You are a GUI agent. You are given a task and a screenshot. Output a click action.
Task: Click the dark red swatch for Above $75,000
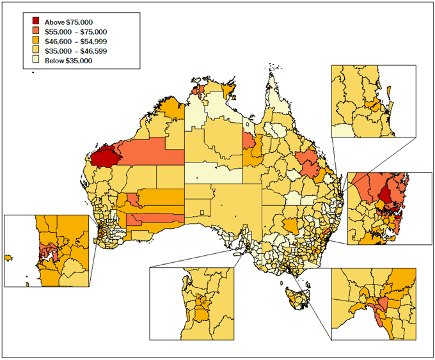click(x=28, y=22)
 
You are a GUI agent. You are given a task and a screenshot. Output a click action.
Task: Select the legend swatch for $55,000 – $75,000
click(x=28, y=31)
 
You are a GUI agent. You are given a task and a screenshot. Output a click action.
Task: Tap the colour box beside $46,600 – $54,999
click(x=28, y=41)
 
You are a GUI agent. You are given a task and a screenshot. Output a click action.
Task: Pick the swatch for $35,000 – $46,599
click(x=28, y=51)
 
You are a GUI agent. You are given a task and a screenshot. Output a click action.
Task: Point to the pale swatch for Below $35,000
click(x=28, y=60)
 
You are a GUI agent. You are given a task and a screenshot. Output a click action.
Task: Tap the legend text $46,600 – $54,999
click(x=71, y=41)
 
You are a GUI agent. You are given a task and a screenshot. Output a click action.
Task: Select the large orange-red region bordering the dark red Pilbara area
click(x=150, y=153)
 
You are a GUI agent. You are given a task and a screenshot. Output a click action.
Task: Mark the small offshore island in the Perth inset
click(x=8, y=257)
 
